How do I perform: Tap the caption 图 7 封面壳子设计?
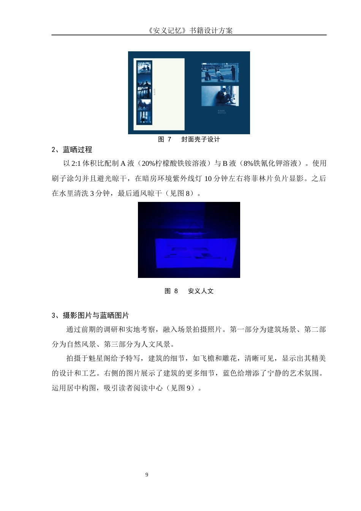click(189, 139)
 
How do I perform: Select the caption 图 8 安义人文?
click(189, 291)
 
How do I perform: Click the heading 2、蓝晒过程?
click(72, 149)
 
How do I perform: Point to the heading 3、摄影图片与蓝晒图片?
click(90, 315)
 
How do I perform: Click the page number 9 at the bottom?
click(147, 474)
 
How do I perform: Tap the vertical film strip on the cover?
click(144, 93)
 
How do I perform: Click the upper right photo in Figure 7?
click(220, 73)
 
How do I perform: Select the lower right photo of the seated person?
click(220, 96)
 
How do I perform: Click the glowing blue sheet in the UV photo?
click(196, 253)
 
